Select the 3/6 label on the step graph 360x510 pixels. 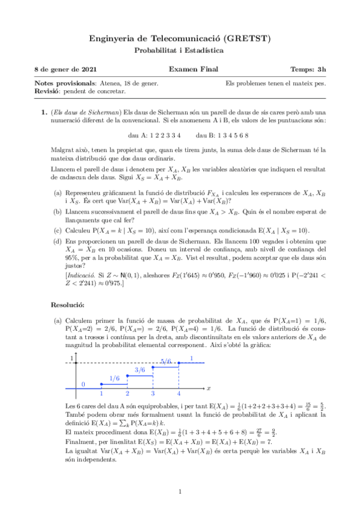140,369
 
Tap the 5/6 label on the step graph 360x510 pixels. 166,361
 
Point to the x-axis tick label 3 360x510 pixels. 153,393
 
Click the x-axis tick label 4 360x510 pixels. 178,393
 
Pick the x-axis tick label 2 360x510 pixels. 127,393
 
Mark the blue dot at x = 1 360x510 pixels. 102,383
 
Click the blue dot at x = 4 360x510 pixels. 178,363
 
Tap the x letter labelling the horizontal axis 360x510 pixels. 208,389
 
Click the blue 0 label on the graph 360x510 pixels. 83,384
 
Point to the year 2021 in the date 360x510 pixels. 87,70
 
